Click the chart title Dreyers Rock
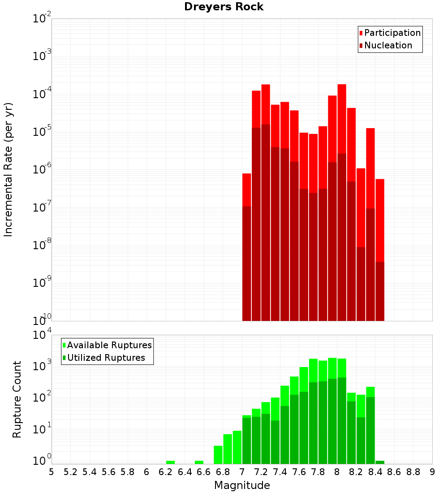224,7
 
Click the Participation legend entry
392,33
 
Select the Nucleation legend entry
388,45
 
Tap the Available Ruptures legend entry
109,345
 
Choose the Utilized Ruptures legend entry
106,358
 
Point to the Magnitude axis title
242,485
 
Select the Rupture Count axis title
17,399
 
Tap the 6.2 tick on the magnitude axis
166,472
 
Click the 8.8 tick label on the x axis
413,472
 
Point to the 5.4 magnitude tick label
90,472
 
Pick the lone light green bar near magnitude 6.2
170,462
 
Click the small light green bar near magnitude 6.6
199,462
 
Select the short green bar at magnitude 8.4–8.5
380,462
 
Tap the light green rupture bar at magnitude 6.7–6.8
218,454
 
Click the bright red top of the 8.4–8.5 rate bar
380,220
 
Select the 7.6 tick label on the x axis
299,472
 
